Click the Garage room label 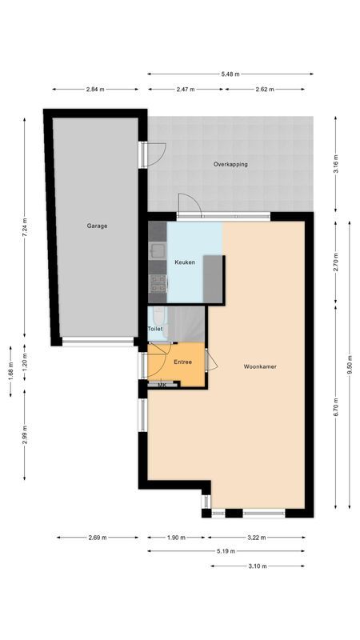pos(97,226)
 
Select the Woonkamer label pos(260,366)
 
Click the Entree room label pos(182,362)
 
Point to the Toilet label pos(155,329)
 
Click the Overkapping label pos(230,164)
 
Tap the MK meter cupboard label pos(162,386)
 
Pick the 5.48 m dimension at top pos(230,74)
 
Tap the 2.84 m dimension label pos(94,90)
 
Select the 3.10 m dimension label pos(258,566)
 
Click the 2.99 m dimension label pos(25,440)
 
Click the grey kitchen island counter pos(214,278)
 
